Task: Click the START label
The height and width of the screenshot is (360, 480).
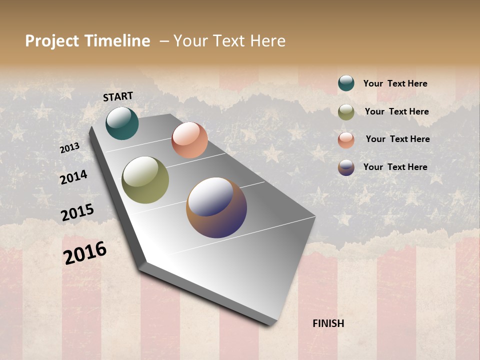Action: point(118,96)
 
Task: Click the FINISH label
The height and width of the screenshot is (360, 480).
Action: point(328,323)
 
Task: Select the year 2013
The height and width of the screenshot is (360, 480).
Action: point(69,148)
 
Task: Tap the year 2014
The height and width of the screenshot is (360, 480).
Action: point(73,177)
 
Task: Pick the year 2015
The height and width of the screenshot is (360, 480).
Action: point(77,212)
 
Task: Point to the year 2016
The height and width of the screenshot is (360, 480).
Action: point(85,253)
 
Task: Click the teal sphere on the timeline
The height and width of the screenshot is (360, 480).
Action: point(122,123)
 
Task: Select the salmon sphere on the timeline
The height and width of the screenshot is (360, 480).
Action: point(189,140)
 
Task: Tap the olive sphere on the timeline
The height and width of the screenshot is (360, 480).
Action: point(145,180)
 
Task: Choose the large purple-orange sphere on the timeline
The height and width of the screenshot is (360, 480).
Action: point(216,207)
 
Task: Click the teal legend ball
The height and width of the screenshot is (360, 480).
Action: point(346,83)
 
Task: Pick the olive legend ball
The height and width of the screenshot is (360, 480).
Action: point(346,112)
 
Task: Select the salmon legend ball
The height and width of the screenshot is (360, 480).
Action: point(346,140)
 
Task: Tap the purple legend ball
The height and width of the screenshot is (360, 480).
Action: point(346,167)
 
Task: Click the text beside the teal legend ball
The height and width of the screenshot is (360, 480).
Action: point(395,84)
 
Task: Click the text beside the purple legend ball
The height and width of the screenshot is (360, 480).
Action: point(395,167)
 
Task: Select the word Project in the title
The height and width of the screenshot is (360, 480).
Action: point(52,41)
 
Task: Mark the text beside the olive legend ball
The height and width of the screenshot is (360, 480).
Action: point(397,111)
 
